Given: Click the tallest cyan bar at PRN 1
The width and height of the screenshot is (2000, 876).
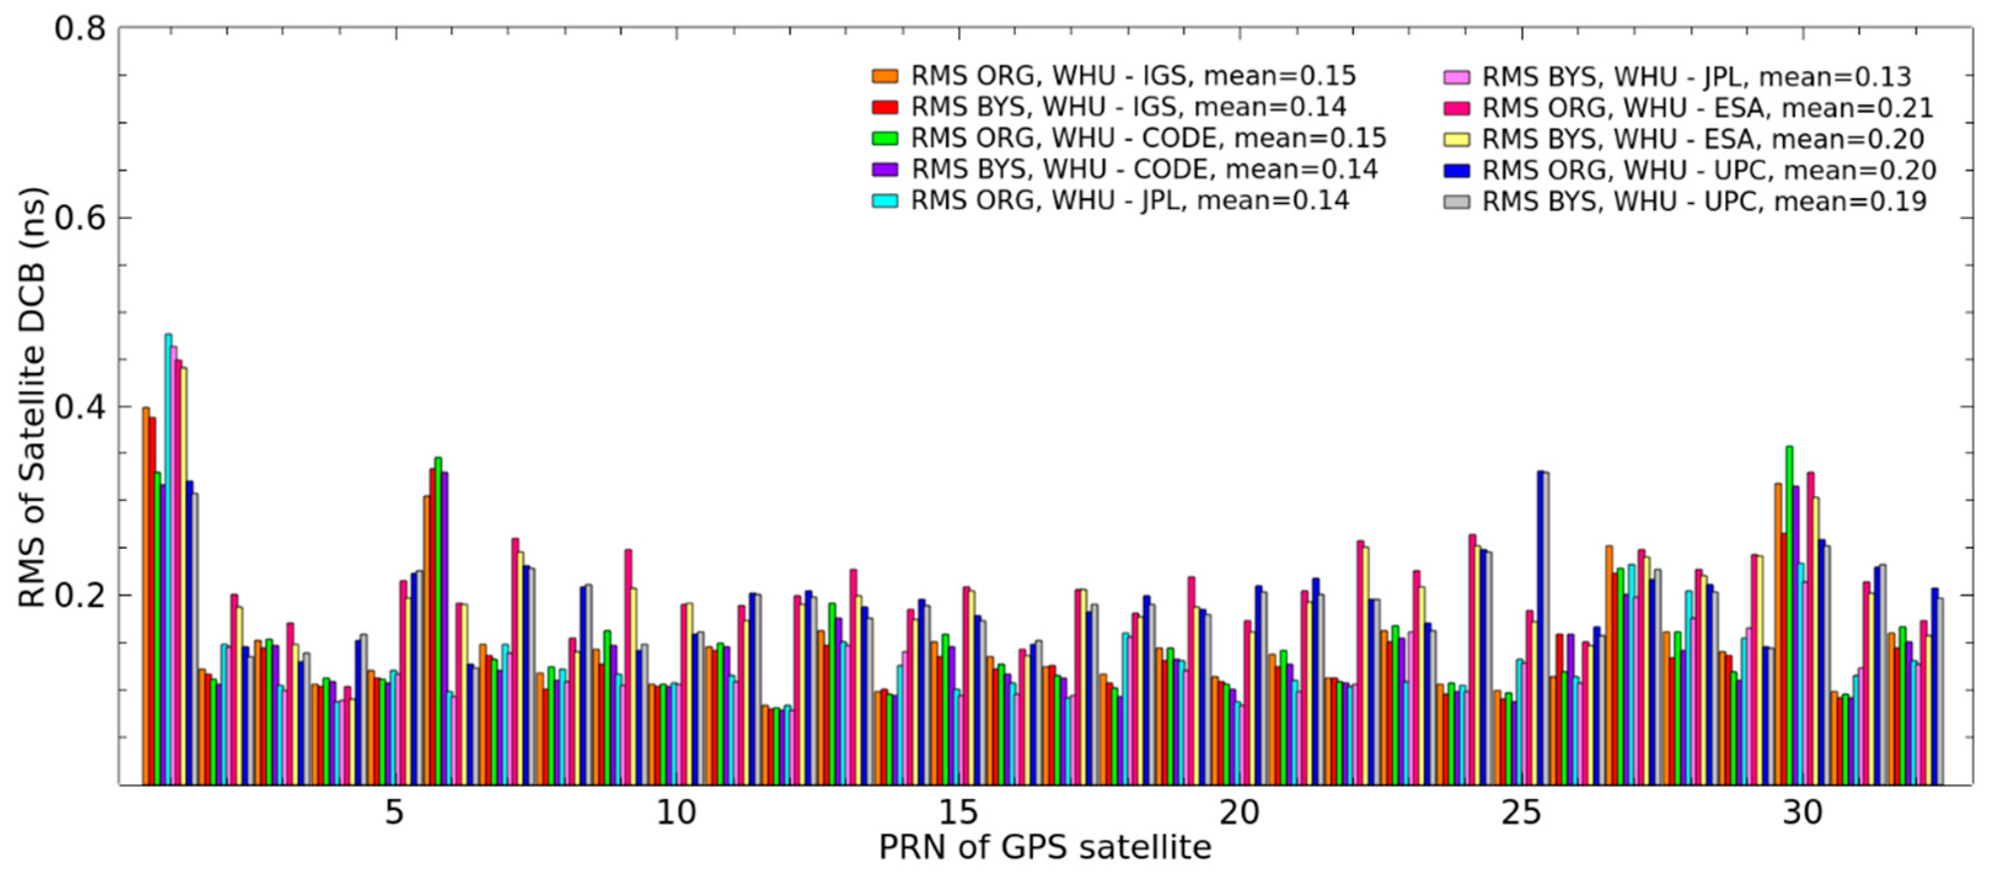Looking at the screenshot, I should pyautogui.click(x=168, y=559).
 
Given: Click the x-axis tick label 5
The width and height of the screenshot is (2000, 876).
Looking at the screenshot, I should pyautogui.click(x=394, y=813).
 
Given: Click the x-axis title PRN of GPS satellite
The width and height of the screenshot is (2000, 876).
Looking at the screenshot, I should pyautogui.click(x=1045, y=847).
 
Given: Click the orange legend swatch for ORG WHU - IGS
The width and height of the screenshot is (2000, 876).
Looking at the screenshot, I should pyautogui.click(x=884, y=76).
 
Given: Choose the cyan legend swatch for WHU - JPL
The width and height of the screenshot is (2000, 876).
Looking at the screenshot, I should pyautogui.click(x=884, y=200).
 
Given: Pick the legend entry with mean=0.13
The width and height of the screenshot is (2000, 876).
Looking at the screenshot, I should pyautogui.click(x=1696, y=76).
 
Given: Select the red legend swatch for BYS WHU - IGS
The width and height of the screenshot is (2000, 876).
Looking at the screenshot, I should pyautogui.click(x=884, y=107).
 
